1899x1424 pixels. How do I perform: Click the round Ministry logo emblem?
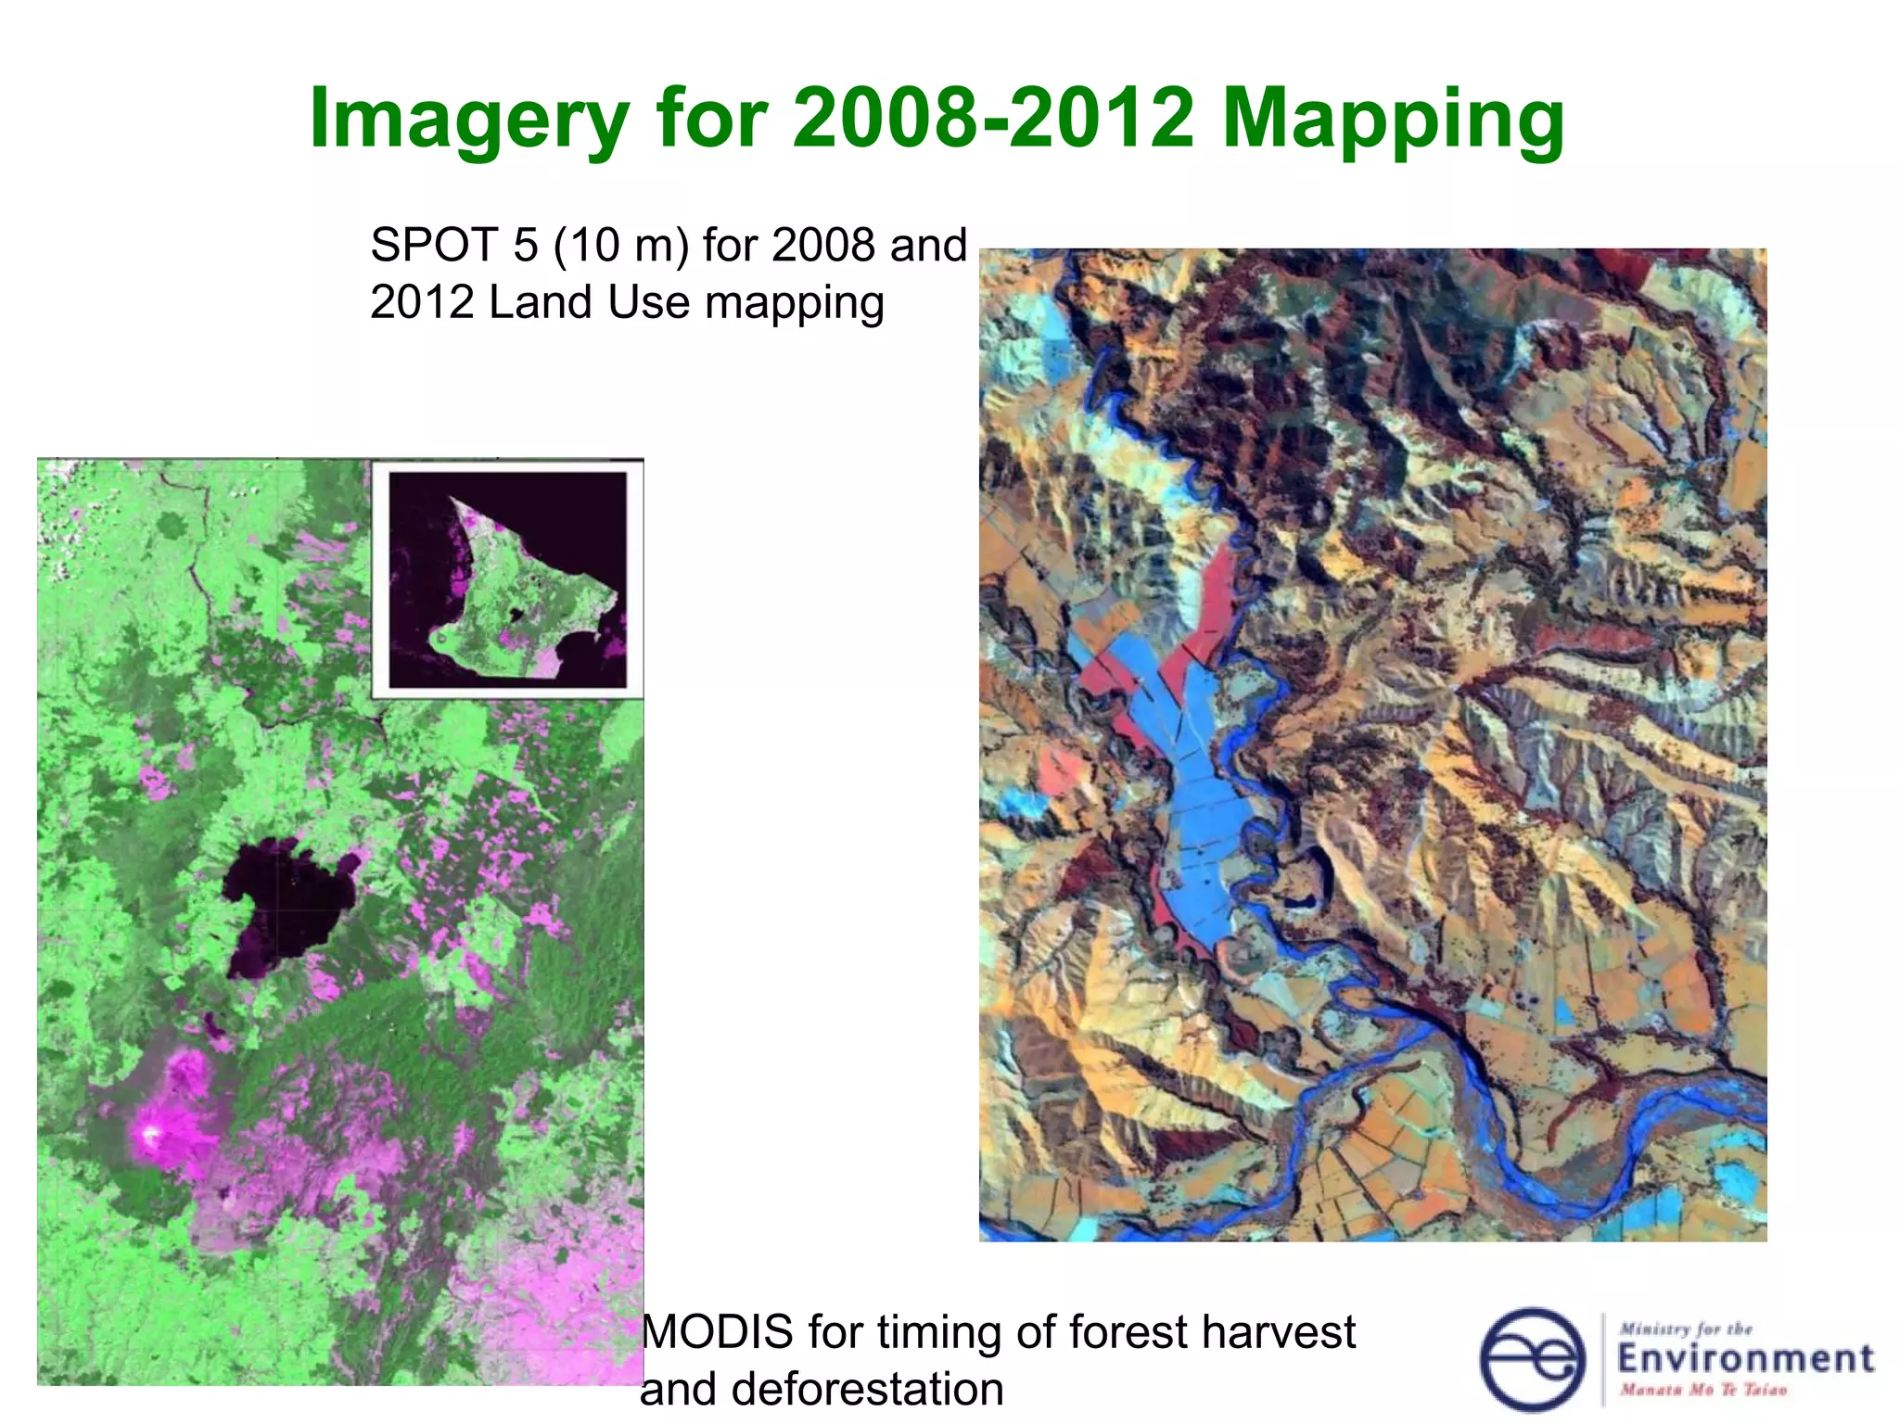pos(1533,1359)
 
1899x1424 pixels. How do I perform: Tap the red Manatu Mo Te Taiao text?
pos(1702,1390)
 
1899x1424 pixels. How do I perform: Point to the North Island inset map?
pos(508,579)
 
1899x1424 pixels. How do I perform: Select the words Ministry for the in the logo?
pos(1685,1329)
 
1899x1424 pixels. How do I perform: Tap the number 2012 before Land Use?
pos(423,303)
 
